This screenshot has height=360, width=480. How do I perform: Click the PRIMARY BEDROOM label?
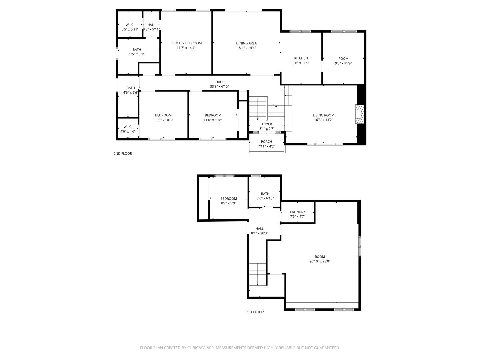pos(186,43)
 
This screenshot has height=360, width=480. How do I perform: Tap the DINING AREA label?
pos(246,43)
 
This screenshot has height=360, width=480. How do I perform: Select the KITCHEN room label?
pos(301,58)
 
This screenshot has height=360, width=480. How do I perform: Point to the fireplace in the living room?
pos(359,114)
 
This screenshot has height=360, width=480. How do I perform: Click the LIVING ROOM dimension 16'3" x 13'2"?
pos(323,120)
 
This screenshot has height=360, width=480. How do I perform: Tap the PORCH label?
pos(267,142)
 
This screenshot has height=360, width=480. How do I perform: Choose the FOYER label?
pos(267,124)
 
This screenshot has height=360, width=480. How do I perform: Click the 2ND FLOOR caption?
pos(123,154)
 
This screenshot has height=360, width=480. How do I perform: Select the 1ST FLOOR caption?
pos(255,312)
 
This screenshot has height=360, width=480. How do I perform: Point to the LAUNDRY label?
pos(297,212)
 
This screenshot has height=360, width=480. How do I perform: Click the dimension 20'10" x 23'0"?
pos(320,261)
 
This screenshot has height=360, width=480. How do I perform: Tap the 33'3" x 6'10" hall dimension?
pos(219,87)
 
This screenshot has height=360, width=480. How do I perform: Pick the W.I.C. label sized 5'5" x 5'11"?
pos(130,25)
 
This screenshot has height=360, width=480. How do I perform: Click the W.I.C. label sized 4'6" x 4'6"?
pos(128,127)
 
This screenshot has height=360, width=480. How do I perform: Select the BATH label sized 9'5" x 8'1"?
pos(137,50)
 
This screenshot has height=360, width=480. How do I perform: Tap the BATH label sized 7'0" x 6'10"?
pos(265,194)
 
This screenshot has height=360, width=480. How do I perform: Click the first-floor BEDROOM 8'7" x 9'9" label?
pos(228,199)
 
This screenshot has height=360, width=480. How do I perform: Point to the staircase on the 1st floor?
pos(258,274)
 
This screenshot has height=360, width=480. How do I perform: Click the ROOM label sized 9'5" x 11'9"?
pos(343,59)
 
